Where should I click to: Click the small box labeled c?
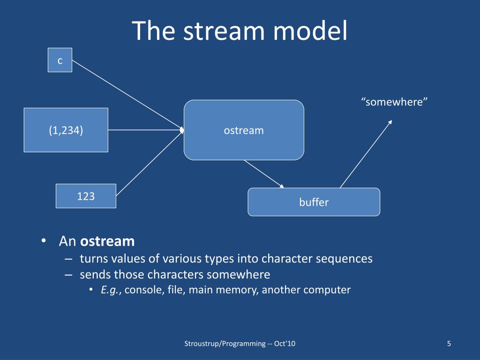click(60, 60)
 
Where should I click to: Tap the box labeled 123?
click(86, 196)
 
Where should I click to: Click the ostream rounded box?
click(244, 130)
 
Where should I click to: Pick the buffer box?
click(314, 202)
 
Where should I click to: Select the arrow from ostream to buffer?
click(264, 174)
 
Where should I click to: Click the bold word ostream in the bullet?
click(107, 241)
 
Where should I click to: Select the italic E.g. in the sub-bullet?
click(111, 290)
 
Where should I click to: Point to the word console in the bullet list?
click(143, 290)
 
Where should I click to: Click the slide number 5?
click(449, 344)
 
